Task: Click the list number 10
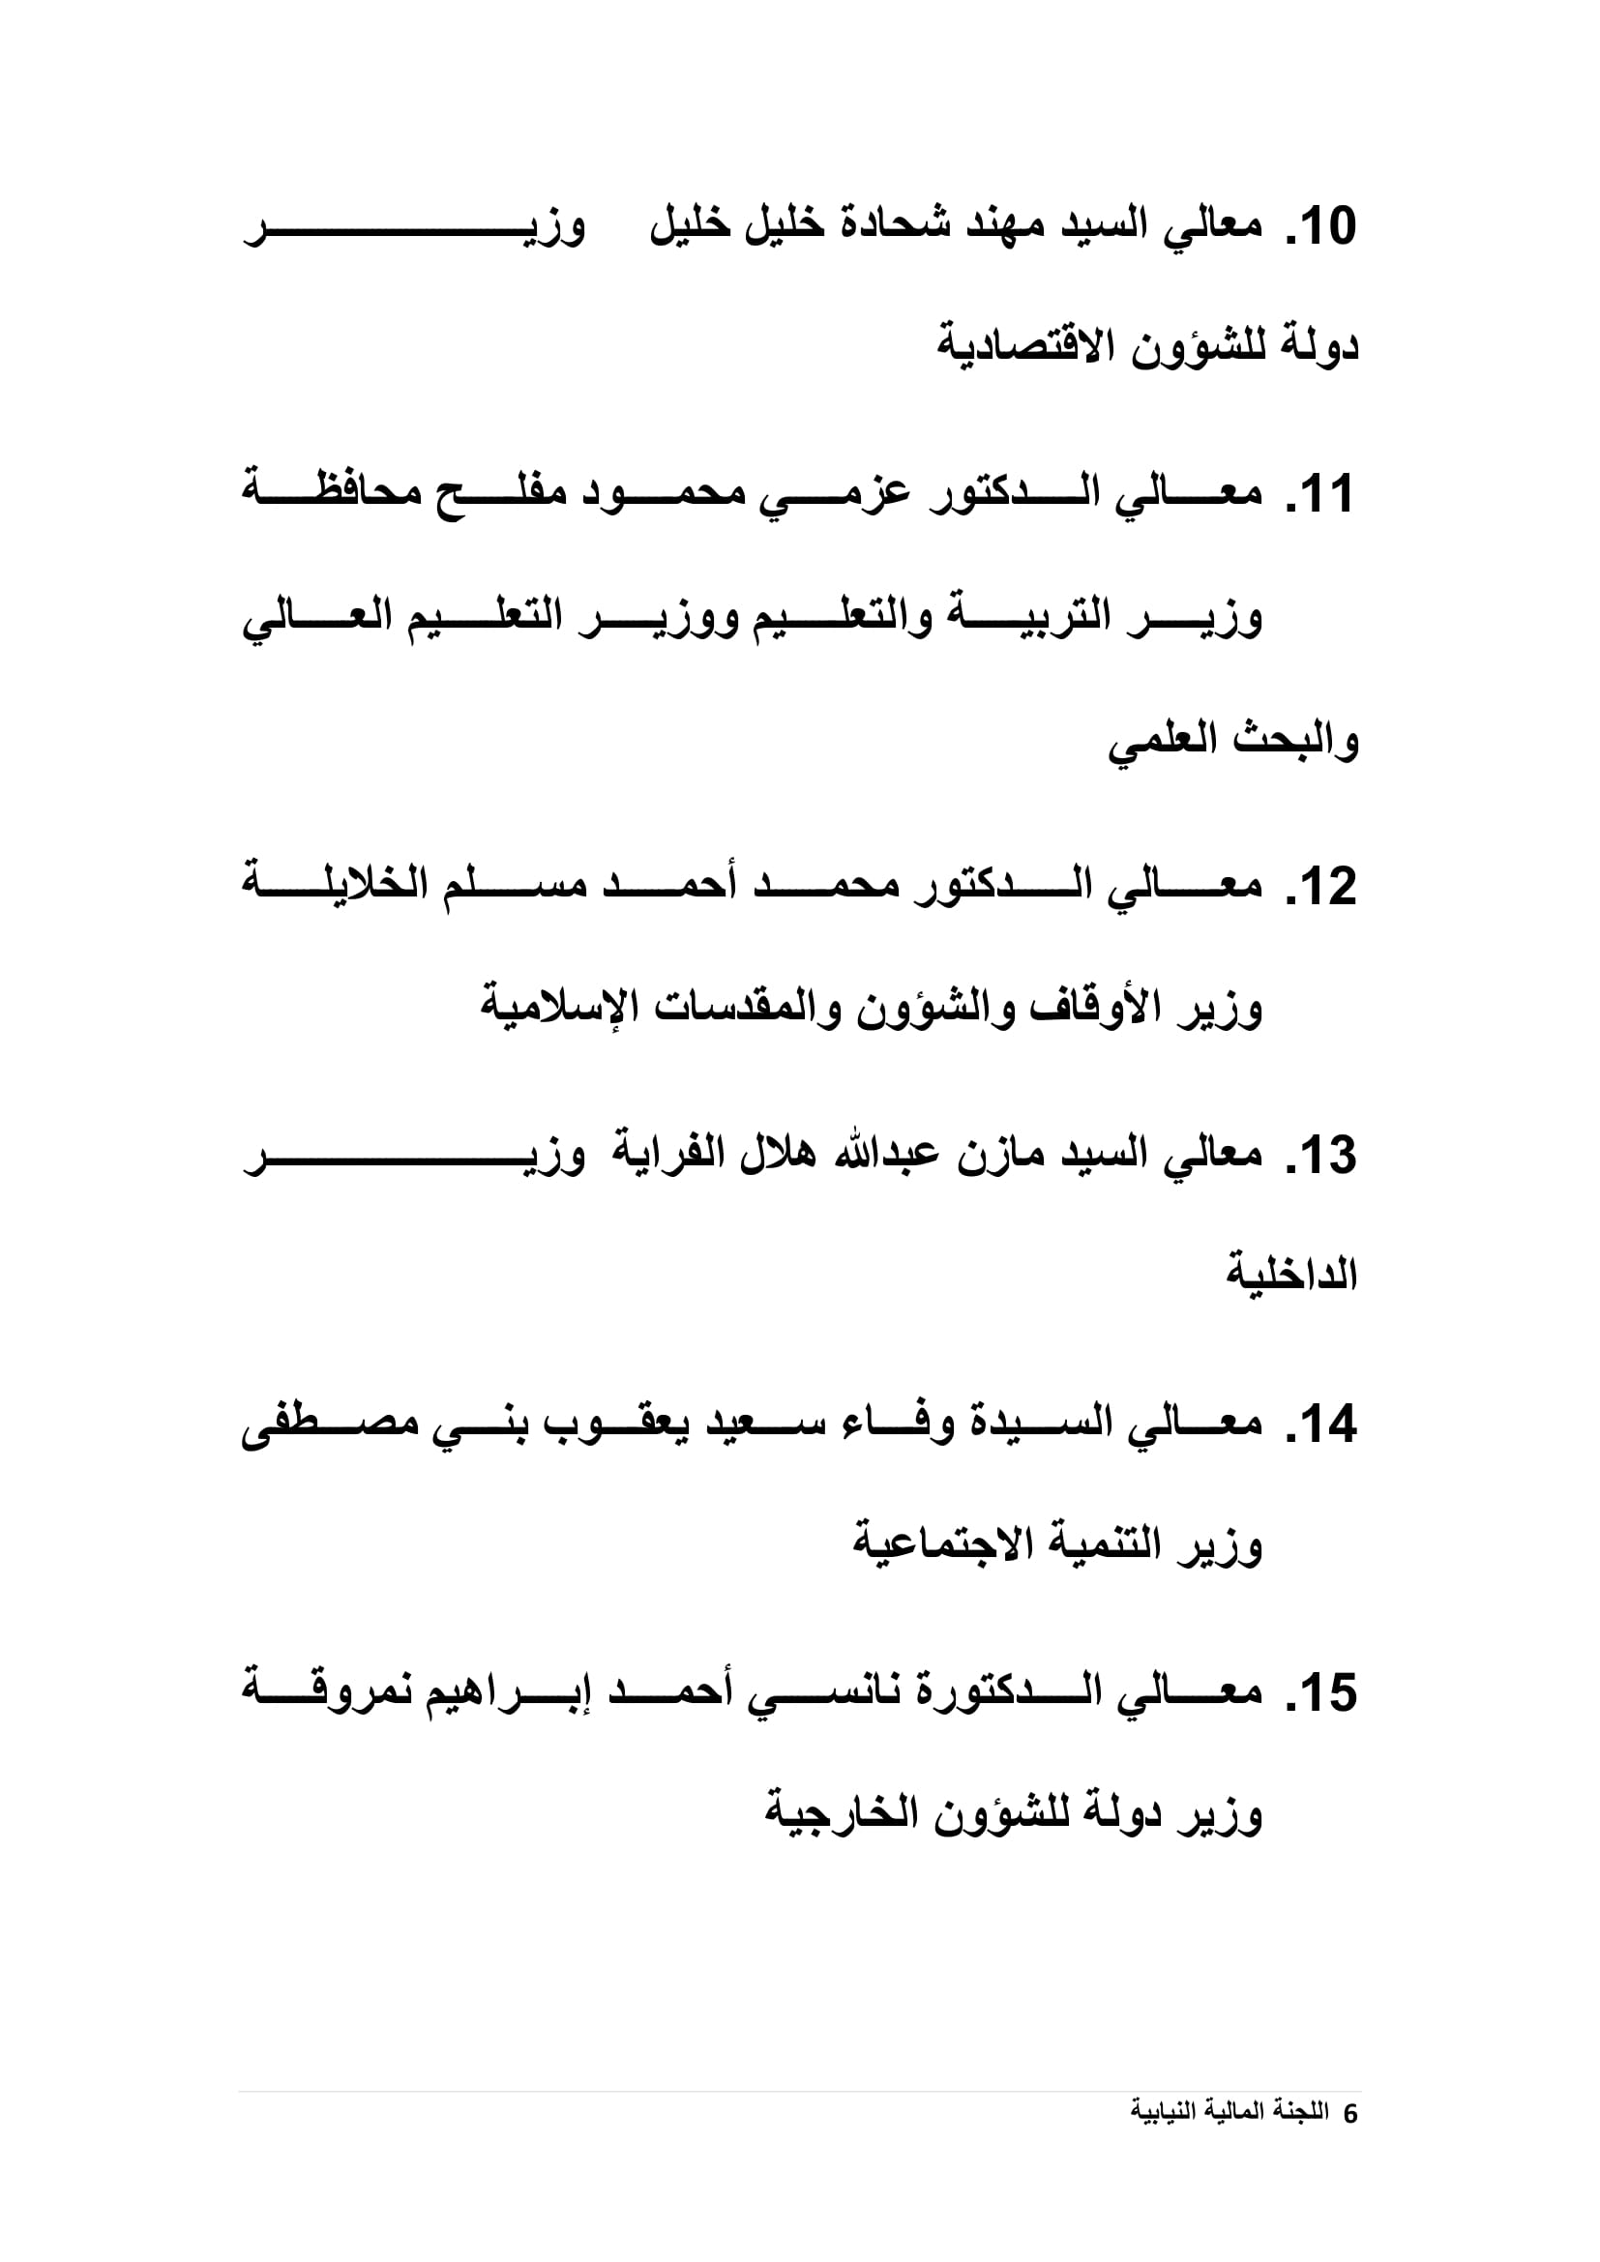point(1322,226)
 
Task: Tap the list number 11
point(1322,493)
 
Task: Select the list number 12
point(1322,887)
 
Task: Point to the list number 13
point(1322,1155)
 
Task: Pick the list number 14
point(1322,1425)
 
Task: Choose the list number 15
point(1322,1692)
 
